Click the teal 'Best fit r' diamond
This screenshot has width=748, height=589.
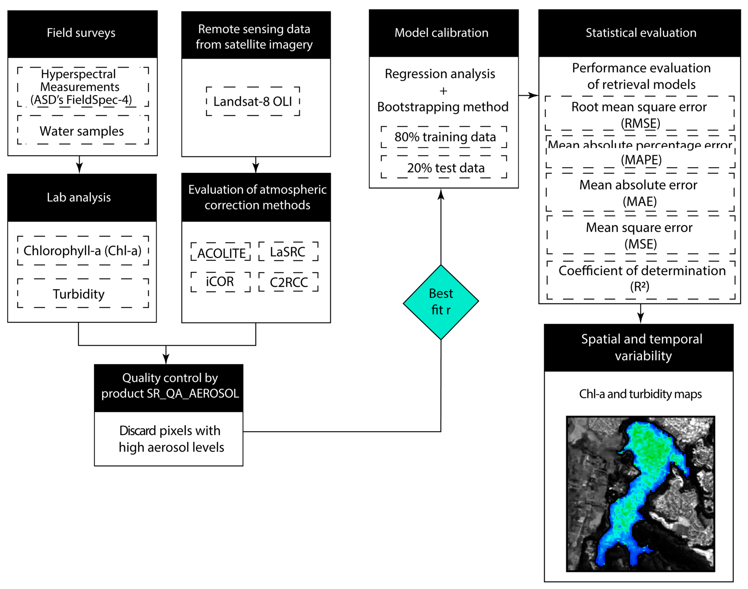(441, 302)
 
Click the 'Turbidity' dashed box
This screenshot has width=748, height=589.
(83, 293)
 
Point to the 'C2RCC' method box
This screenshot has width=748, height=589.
(288, 282)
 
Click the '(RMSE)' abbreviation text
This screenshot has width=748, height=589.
(640, 123)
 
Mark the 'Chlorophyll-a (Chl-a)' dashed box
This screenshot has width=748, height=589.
(83, 251)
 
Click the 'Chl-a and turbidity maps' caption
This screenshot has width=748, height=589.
(640, 394)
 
